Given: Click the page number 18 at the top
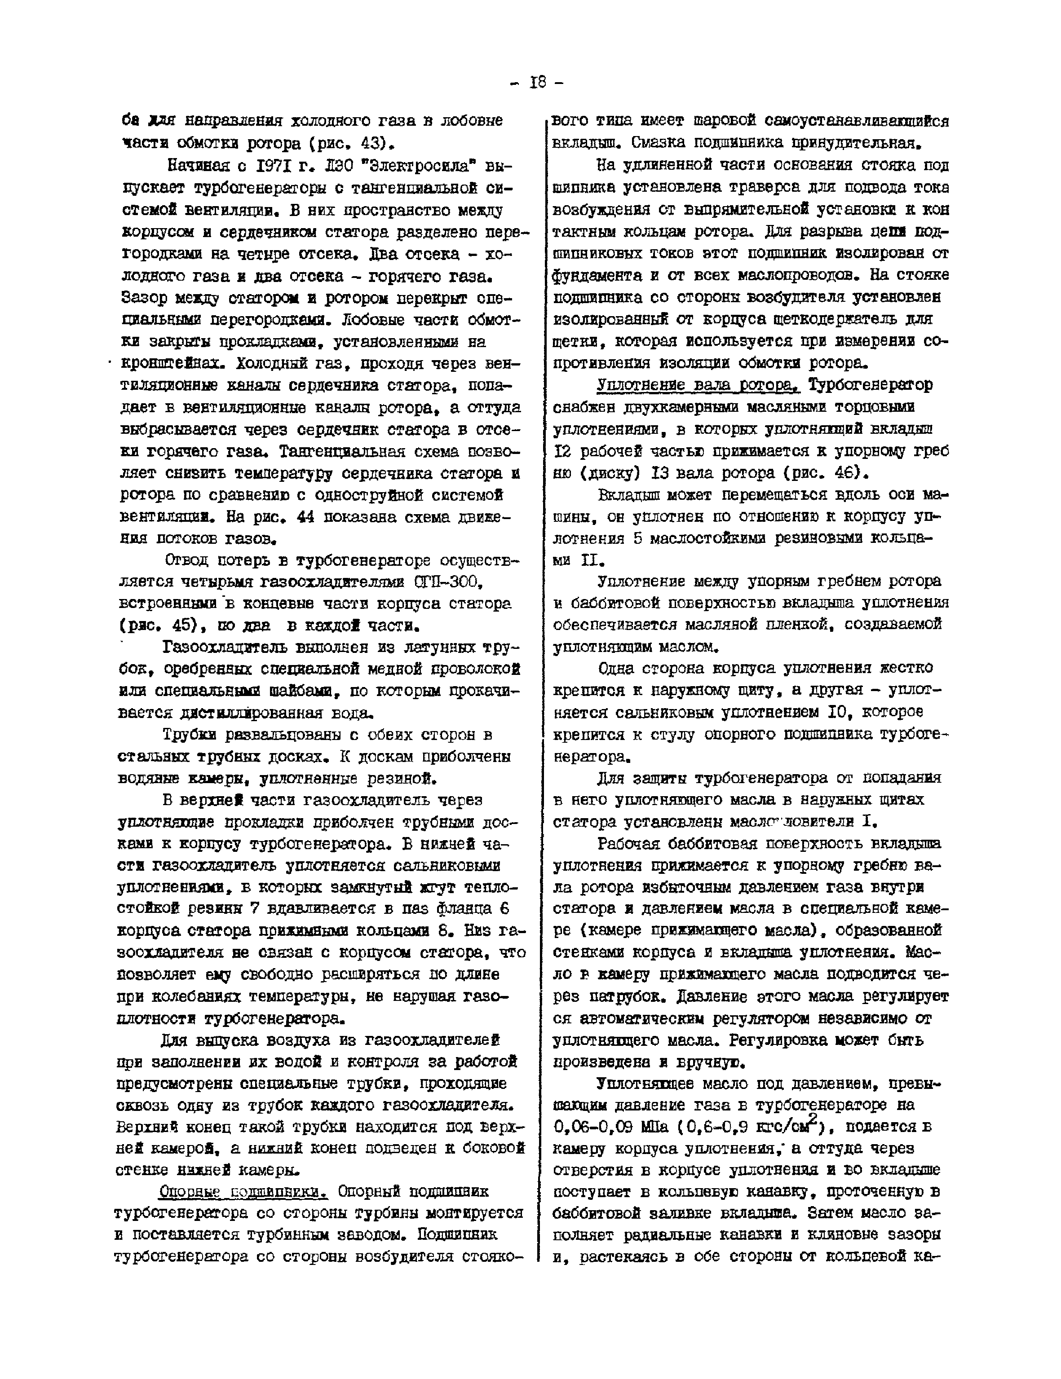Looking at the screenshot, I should pos(538,82).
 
